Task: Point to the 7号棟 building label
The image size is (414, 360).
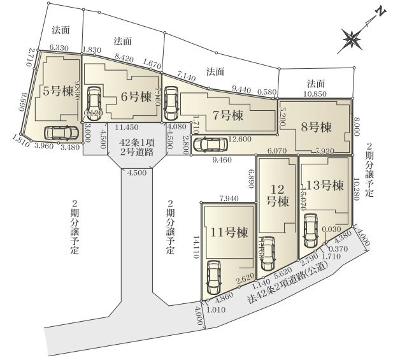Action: [x=229, y=115]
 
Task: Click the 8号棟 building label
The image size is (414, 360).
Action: [x=317, y=127]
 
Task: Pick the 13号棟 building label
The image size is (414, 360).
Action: [x=325, y=185]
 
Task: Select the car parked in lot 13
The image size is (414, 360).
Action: [x=310, y=233]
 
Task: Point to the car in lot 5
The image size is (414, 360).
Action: [x=57, y=133]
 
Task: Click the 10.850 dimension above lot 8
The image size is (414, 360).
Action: [x=315, y=94]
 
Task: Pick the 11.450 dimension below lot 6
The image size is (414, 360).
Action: [x=127, y=127]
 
